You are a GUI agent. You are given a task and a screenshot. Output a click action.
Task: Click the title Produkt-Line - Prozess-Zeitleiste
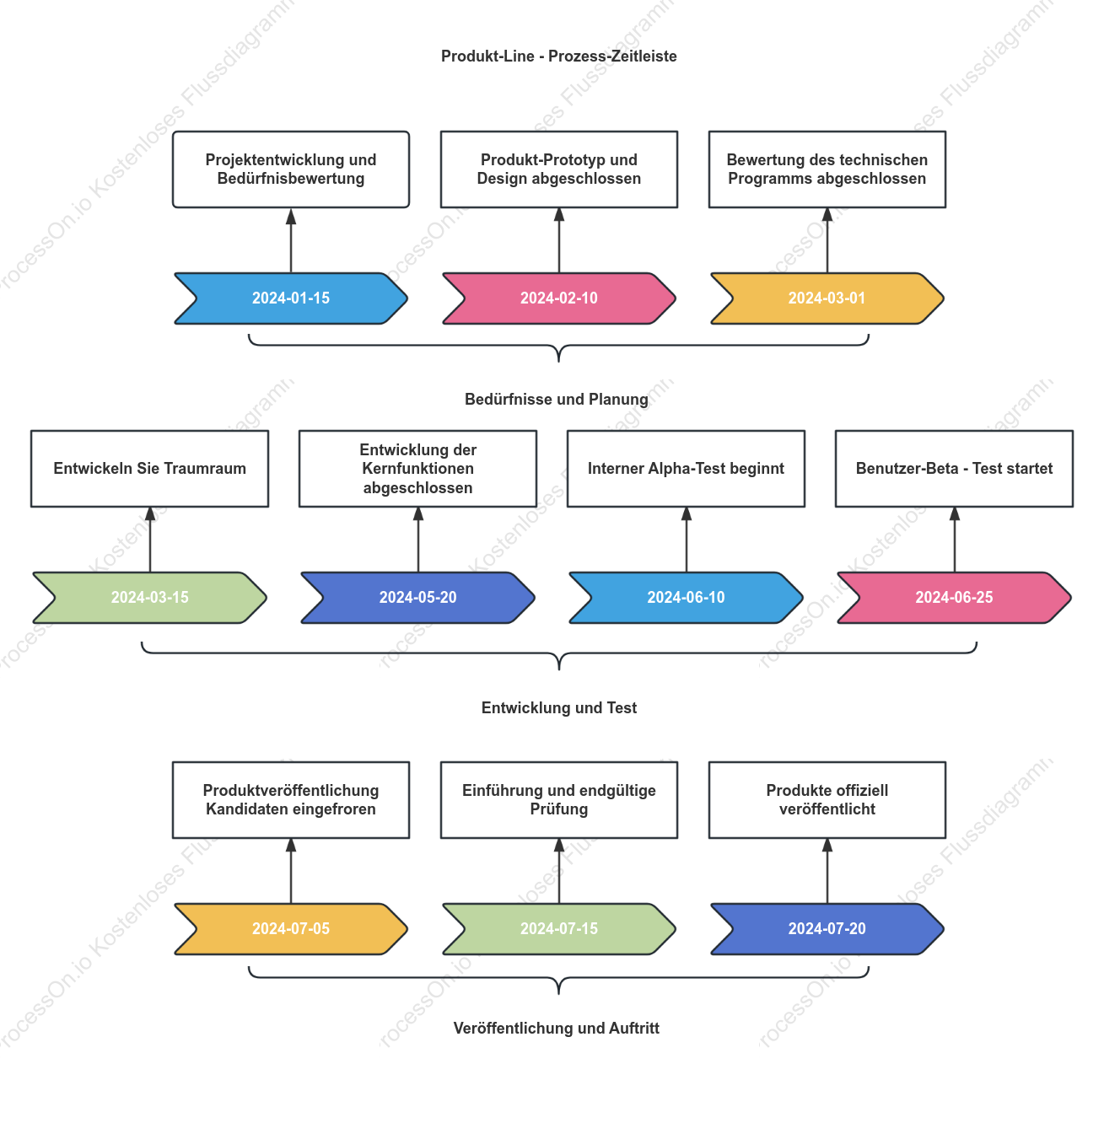point(558,56)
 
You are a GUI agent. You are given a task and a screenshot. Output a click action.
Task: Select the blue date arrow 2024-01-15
point(290,298)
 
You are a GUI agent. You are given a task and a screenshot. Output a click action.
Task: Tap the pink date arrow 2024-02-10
point(558,298)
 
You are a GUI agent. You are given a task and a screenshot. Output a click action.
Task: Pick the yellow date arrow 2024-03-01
point(827,298)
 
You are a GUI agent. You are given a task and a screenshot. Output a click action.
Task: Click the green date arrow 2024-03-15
point(149,598)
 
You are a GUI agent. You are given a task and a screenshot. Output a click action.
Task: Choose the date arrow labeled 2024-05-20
point(417,598)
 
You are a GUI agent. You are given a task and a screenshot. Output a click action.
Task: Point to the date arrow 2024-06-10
point(686,598)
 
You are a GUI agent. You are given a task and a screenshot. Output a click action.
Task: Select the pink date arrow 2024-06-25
point(954,598)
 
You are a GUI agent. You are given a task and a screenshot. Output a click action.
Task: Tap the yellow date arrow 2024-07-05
point(290,928)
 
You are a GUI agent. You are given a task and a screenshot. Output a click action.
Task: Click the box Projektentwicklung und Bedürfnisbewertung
point(290,169)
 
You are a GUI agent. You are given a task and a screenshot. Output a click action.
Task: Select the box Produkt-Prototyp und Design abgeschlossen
point(558,169)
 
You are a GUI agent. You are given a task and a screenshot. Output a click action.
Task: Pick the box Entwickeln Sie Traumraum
point(149,469)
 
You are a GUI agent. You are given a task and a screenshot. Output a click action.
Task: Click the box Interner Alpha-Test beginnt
point(686,469)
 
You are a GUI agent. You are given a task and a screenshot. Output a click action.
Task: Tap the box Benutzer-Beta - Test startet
point(954,469)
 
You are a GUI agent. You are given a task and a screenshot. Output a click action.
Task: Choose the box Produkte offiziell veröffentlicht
point(827,799)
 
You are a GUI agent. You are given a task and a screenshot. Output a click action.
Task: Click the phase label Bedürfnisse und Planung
point(557,399)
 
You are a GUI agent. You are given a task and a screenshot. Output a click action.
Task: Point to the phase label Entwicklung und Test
point(558,707)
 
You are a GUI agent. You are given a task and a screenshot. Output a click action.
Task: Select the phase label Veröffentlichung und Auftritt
point(557,1028)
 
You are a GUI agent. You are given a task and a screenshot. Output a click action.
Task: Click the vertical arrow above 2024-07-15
point(558,871)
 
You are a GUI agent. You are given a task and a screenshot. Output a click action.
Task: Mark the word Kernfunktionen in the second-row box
point(417,469)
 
